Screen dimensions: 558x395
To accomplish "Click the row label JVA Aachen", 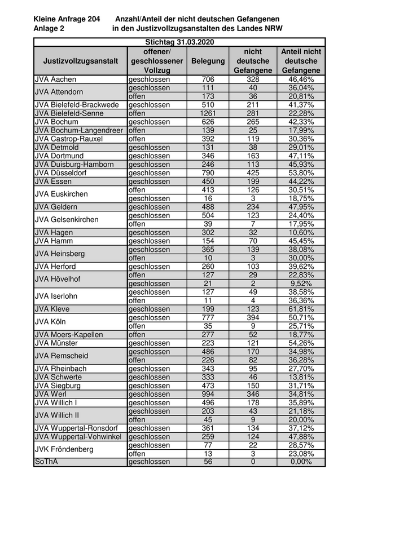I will point(55,79).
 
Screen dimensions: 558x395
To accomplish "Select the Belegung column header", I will point(208,61).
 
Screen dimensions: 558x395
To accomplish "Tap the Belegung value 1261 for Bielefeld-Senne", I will point(208,113).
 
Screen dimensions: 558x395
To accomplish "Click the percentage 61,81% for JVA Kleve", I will point(301,309).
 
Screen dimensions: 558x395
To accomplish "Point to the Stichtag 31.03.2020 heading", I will point(179,42).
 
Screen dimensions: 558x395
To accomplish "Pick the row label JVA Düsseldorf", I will point(60,172).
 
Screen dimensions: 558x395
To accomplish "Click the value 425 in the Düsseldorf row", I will point(253,172).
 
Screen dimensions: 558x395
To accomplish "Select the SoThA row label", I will point(46,462).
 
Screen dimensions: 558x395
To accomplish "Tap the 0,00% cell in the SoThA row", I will point(301,462).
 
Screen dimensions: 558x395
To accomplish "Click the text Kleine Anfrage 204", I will point(67,19).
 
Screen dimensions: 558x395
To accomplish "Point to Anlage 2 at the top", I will point(49,28).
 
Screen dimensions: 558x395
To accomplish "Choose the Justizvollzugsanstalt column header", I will point(81,61).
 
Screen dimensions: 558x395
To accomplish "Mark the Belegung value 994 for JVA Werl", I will point(208,394).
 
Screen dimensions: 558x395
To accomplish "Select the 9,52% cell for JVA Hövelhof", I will point(301,284).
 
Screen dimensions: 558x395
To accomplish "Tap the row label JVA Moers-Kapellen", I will point(69,334).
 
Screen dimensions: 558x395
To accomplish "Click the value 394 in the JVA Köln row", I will point(253,317).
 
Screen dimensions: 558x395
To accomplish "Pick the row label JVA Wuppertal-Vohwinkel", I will point(78,436).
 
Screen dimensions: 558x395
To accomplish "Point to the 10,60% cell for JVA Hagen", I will point(301,232).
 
